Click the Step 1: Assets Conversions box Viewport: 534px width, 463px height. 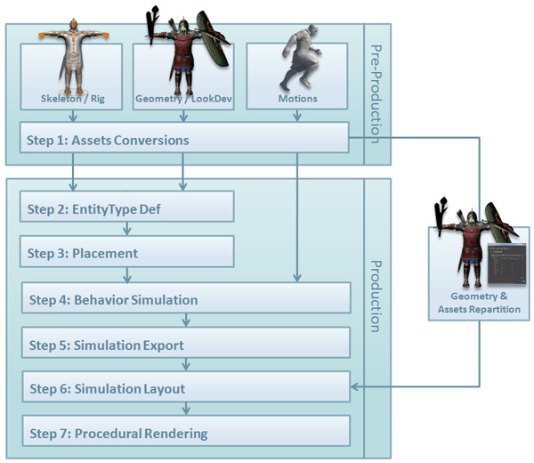(184, 137)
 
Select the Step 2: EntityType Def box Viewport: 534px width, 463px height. (126, 207)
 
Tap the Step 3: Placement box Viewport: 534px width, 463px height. (126, 251)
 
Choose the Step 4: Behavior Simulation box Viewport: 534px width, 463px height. (186, 297)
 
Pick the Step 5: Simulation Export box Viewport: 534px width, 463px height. (186, 343)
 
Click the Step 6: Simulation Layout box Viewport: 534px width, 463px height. (186, 386)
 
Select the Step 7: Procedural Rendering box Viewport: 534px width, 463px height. (186, 431)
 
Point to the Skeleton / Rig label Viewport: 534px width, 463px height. (73, 99)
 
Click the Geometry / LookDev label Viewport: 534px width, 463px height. (183, 99)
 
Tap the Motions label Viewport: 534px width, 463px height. (297, 99)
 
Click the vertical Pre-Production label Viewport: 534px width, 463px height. (376, 94)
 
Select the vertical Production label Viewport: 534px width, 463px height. (376, 296)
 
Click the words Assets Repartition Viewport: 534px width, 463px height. (479, 309)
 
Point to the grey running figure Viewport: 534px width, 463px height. (301, 57)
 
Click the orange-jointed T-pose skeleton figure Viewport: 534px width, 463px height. (74, 57)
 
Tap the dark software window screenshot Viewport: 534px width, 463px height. (506, 264)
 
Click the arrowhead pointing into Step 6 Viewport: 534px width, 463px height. (354, 386)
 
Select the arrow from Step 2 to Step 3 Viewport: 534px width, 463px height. (127, 229)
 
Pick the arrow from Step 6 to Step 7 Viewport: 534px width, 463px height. (186, 409)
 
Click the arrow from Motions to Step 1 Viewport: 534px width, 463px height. (297, 116)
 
